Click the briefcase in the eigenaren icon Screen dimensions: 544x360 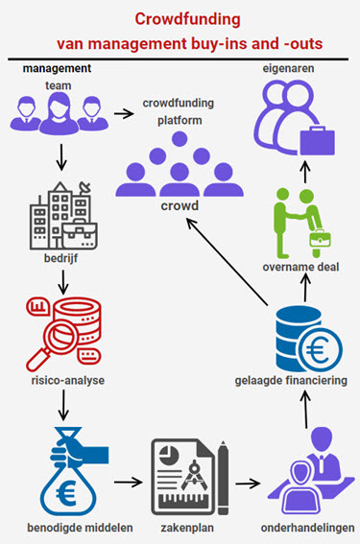click(x=318, y=143)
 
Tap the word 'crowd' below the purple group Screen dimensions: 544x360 click(x=180, y=205)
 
